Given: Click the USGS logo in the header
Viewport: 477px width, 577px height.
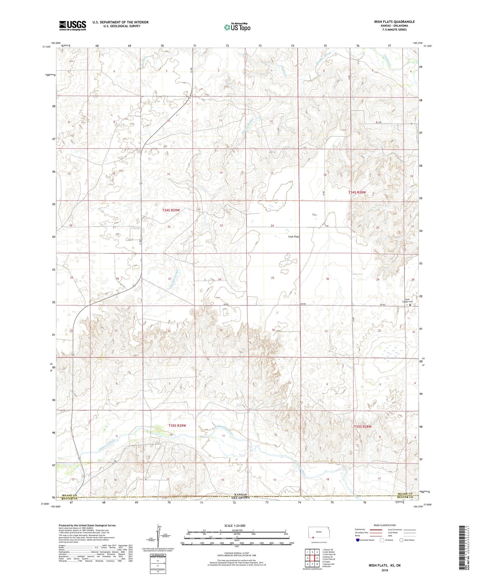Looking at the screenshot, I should [x=73, y=25].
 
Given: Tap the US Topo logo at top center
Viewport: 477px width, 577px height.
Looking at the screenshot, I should [x=237, y=27].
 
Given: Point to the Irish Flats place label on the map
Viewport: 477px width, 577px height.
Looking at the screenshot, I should [x=294, y=236].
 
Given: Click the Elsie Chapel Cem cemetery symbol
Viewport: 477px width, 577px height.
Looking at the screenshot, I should [x=410, y=305].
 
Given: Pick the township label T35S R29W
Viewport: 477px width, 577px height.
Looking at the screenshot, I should [x=177, y=426].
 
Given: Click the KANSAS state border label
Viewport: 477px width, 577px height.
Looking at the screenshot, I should [x=238, y=494].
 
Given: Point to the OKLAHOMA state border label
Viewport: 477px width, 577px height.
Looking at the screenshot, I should [x=238, y=497].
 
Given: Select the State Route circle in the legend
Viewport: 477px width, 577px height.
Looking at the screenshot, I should [x=401, y=540].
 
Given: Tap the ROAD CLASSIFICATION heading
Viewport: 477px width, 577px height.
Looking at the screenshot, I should [x=385, y=525].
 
